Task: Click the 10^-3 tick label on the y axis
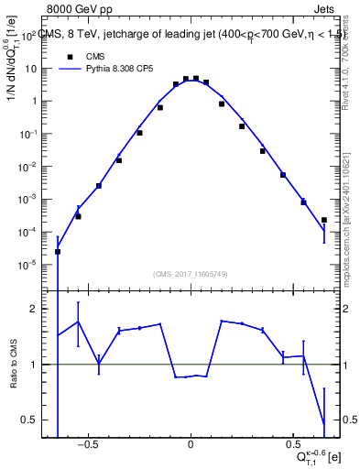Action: click(27, 199)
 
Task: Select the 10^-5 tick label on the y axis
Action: click(27, 265)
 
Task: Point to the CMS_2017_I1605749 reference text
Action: click(190, 275)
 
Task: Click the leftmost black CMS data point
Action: click(58, 252)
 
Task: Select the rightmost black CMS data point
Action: click(324, 220)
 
